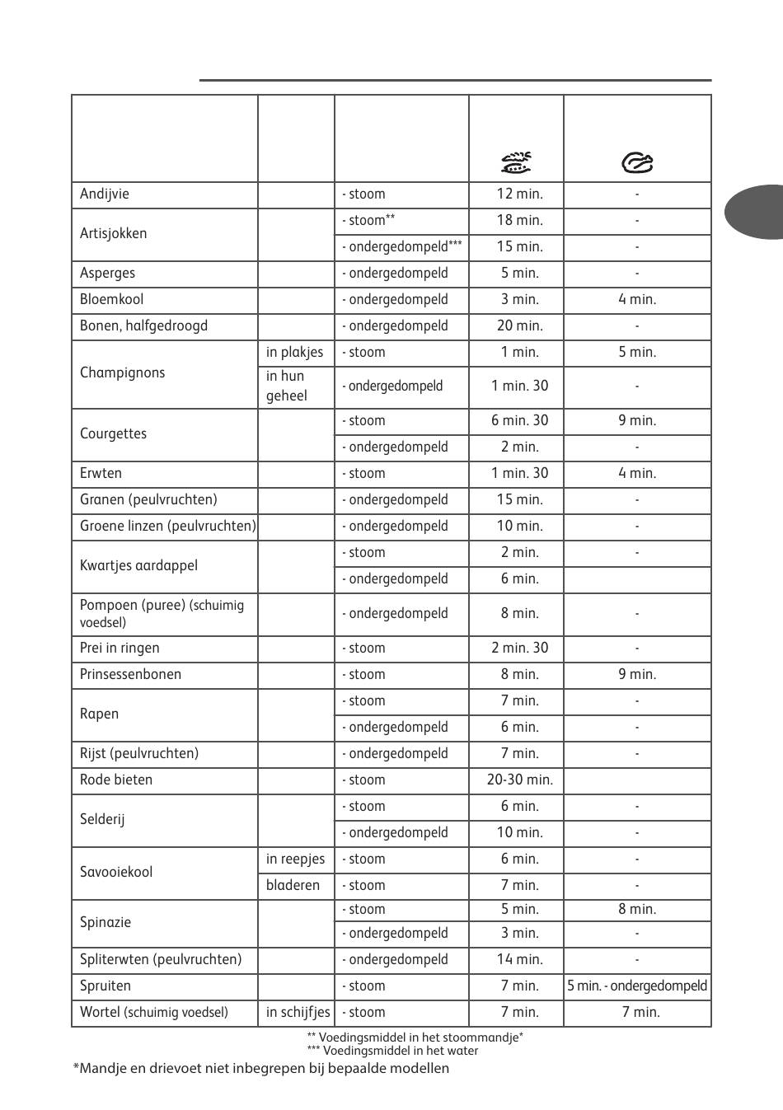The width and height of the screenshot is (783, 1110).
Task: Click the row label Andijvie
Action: pos(105,194)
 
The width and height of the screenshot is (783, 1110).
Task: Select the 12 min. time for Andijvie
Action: pos(519,194)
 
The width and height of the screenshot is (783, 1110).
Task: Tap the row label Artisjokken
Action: pos(114,234)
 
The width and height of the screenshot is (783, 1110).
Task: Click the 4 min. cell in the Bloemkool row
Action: pos(637,300)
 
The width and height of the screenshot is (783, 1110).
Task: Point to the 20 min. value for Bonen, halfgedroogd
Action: pos(519,326)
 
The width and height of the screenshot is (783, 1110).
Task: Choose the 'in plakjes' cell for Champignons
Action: pos(294,353)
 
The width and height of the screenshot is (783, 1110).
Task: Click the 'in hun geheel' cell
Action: pos(287,386)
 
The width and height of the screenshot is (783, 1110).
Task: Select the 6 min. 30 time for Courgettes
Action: pos(519,421)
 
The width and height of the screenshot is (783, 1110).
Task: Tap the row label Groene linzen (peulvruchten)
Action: pos(167,527)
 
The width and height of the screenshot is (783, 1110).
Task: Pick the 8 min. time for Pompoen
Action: pos(519,614)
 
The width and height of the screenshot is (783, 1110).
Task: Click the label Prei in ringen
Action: pos(120,649)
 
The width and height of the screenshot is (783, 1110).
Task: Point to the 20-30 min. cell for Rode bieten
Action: pos(519,780)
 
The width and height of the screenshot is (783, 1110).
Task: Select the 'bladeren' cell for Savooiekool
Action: pos(293,886)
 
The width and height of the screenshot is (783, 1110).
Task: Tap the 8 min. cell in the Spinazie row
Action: pos(637,910)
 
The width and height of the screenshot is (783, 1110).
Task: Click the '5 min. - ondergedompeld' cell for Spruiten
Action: pos(637,986)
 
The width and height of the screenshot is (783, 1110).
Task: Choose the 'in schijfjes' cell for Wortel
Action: pos(298,1013)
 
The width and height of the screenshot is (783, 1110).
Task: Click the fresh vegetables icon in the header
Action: pos(517,162)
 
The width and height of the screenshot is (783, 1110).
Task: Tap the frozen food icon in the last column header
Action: pos(637,163)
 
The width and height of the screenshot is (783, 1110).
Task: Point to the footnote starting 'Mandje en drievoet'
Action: pos(261,1069)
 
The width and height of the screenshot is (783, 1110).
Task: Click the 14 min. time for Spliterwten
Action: pos(519,960)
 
